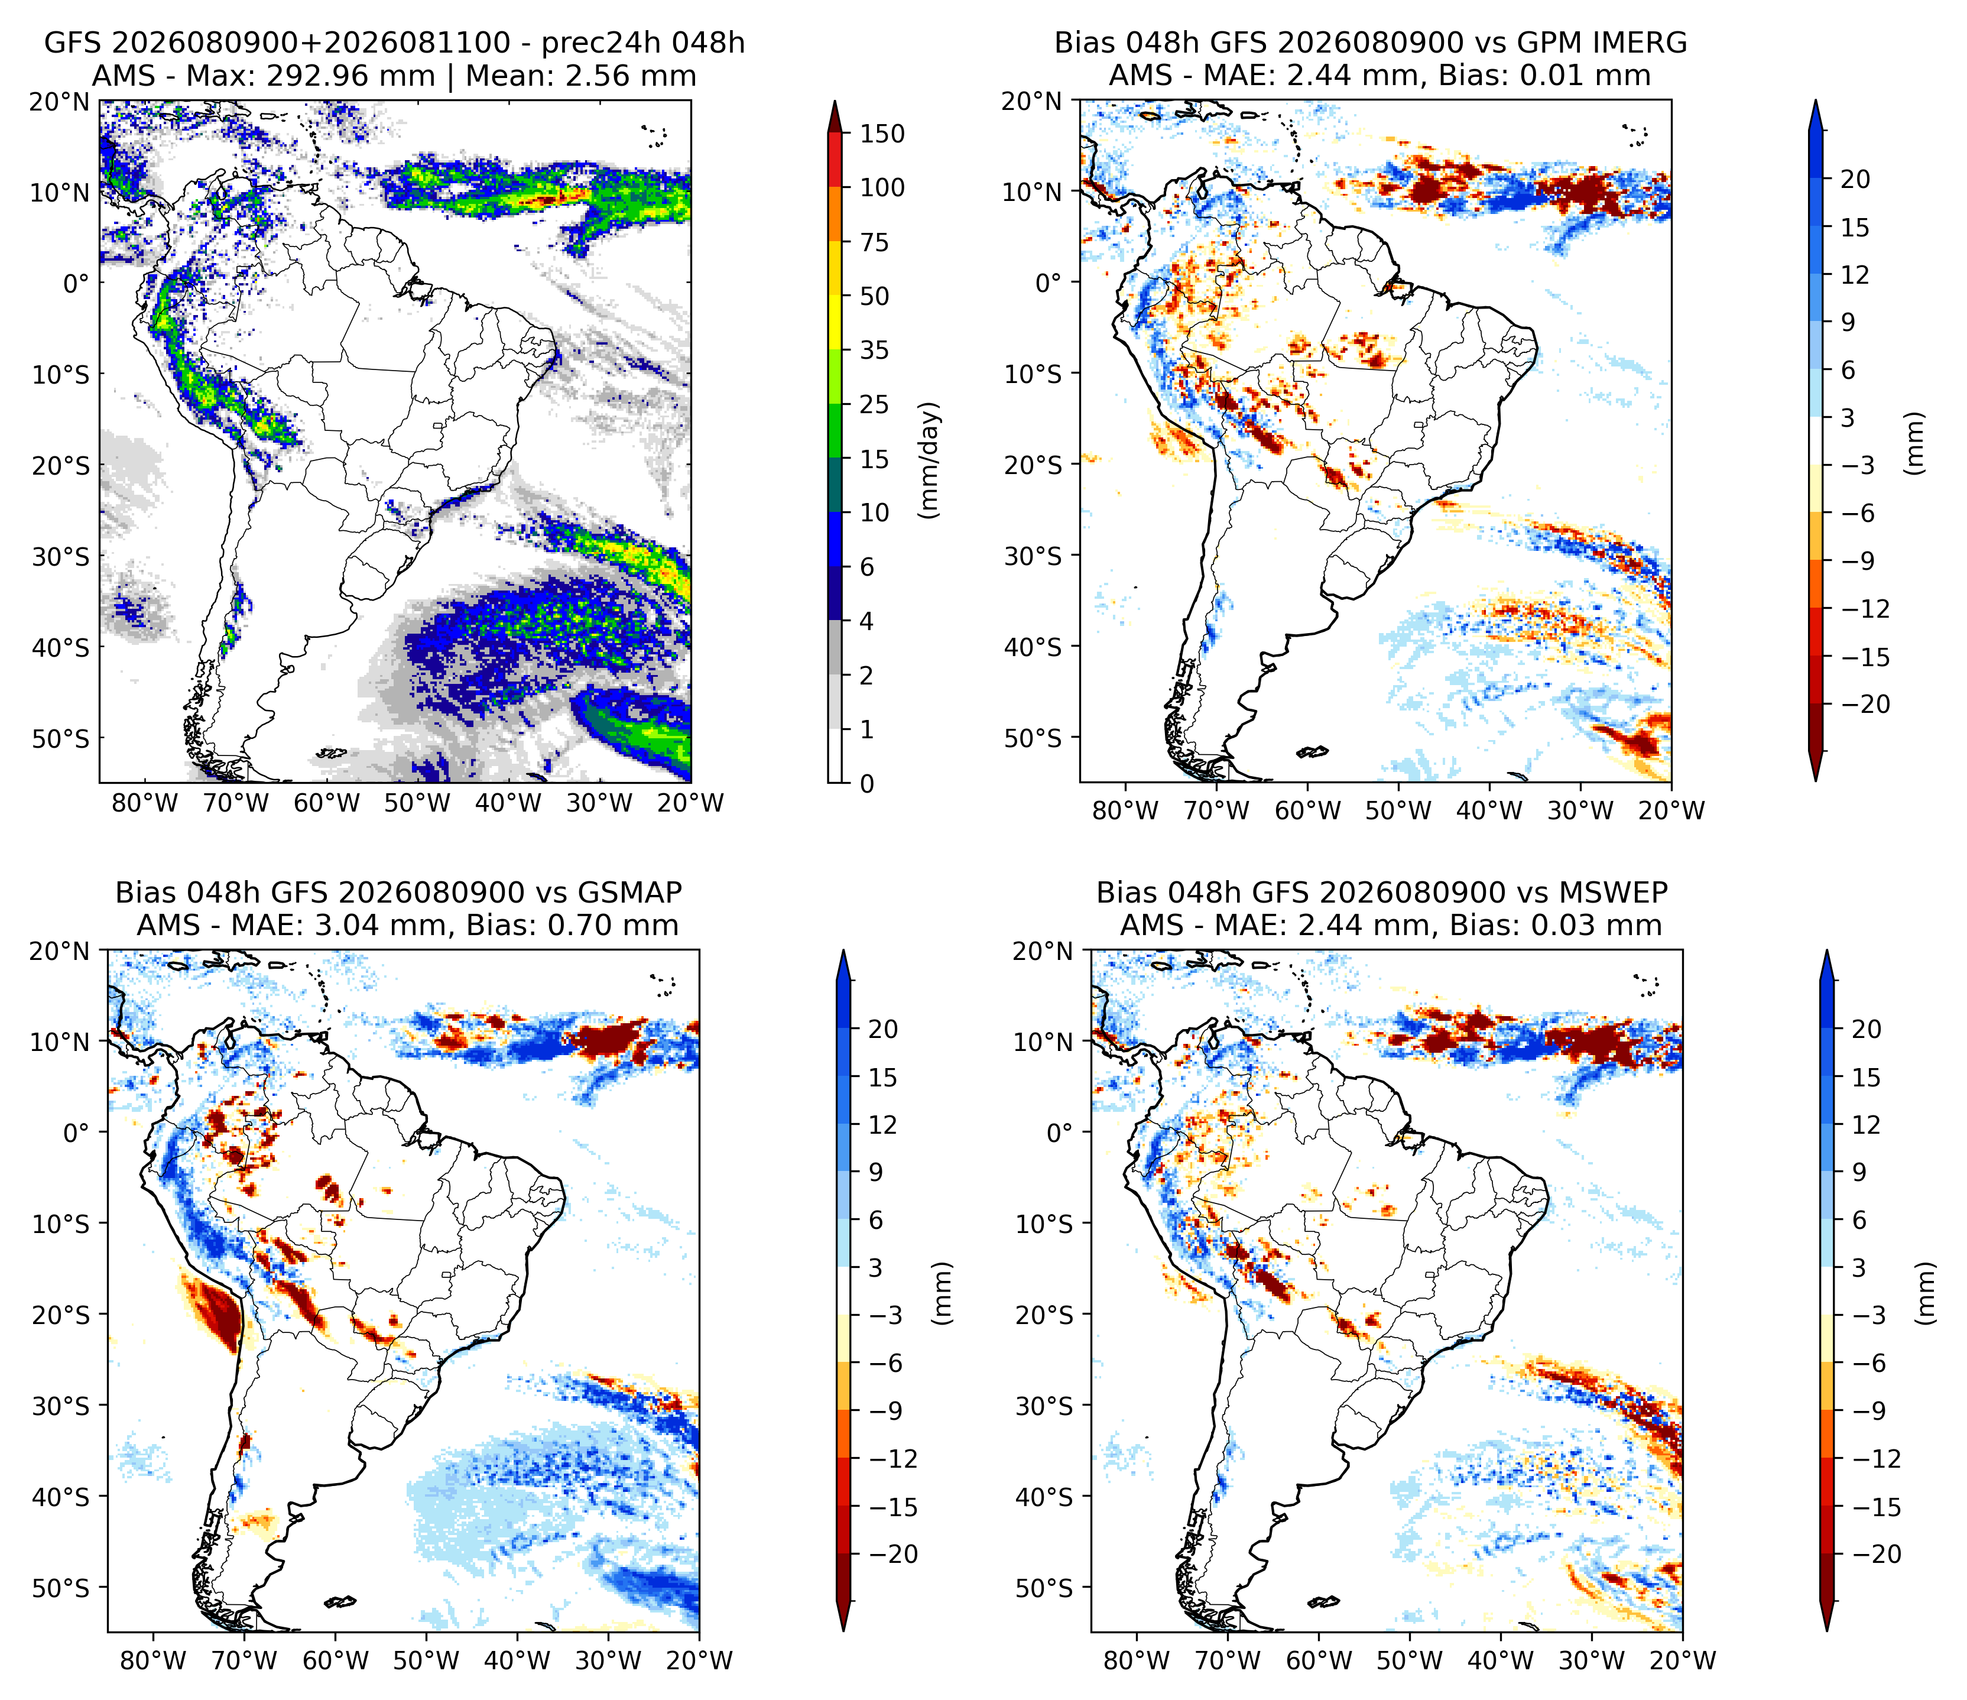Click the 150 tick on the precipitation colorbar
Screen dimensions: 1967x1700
(882, 134)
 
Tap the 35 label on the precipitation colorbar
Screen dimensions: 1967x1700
(874, 351)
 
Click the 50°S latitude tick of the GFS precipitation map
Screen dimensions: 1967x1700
(61, 738)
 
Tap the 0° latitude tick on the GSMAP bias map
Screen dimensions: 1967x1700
(76, 1133)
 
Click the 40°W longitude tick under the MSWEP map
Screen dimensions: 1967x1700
(1500, 1660)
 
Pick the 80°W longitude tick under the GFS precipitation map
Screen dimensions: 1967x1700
(145, 804)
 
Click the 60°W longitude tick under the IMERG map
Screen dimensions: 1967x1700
(1308, 810)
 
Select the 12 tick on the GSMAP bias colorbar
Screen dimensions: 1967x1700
(882, 1125)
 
